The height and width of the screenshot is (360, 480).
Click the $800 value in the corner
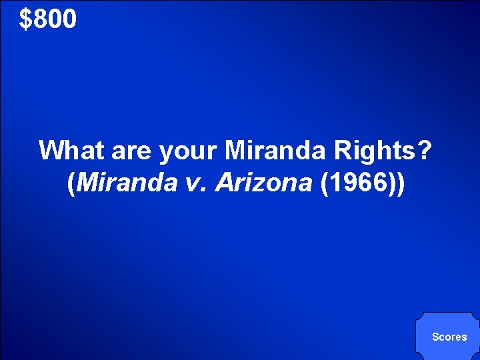pos(48,19)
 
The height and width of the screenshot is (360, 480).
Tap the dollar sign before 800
pos(25,19)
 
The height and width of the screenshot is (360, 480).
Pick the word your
pos(188,151)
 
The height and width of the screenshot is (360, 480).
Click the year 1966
pos(359,183)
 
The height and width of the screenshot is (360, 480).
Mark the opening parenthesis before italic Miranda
pos(72,184)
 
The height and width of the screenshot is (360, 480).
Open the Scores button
pos(449,337)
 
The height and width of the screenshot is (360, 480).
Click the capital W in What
pos(51,151)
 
